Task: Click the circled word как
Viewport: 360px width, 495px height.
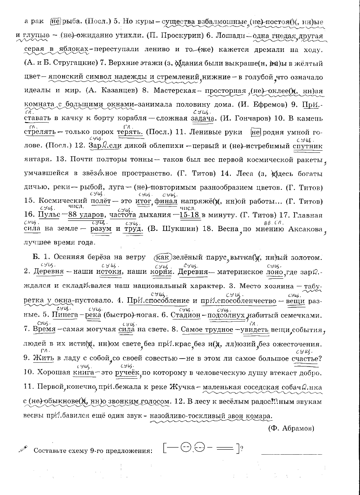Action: tap(162, 257)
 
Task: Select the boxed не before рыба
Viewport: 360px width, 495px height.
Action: tap(56, 21)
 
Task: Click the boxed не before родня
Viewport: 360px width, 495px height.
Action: tap(256, 132)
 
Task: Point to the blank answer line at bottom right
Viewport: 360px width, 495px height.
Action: tap(292, 454)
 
